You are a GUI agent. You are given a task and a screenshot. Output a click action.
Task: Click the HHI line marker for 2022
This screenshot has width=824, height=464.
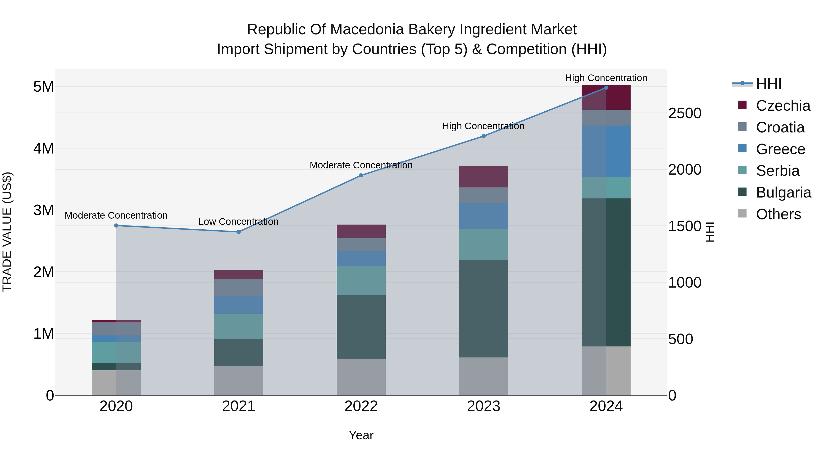(361, 176)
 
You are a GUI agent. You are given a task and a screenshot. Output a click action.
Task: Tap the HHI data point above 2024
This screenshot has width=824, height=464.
(606, 88)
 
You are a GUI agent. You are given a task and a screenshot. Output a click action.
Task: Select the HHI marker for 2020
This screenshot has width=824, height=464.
(116, 226)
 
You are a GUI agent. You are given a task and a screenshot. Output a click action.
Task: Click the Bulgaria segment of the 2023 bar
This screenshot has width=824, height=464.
(483, 308)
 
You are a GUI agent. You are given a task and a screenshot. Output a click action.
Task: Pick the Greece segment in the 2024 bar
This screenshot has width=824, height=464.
(606, 151)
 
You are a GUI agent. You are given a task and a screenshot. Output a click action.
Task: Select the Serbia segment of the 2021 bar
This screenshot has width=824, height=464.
(239, 326)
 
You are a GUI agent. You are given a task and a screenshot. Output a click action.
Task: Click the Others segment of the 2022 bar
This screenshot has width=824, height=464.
(361, 377)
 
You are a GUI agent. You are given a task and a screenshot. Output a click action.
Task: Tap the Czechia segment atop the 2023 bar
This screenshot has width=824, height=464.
(483, 177)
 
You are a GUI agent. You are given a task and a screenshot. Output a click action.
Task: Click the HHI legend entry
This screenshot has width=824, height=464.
(768, 84)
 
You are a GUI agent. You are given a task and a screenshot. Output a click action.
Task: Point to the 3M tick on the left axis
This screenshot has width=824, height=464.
(43, 210)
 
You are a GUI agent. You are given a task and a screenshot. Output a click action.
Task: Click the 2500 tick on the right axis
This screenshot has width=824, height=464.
(685, 113)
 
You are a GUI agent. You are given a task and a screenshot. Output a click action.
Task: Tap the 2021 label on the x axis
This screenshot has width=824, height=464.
(239, 406)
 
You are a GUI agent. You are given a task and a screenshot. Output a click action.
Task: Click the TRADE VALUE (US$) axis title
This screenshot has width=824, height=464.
(7, 232)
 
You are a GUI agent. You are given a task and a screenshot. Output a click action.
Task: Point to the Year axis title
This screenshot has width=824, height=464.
(361, 435)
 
